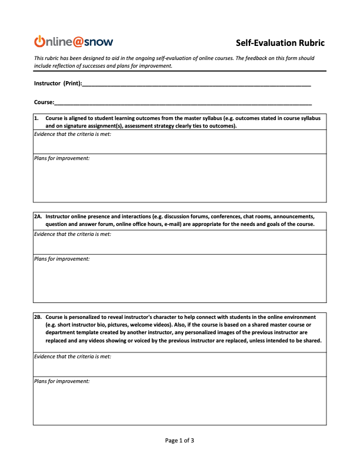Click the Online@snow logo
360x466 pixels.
tap(74, 41)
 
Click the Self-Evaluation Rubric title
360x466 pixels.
tap(280, 42)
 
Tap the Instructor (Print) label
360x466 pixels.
tap(58, 84)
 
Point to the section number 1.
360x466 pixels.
tap(36, 118)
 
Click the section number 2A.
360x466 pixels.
tap(38, 217)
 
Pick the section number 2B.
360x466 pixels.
tap(38, 317)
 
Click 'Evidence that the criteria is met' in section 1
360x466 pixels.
tap(72, 134)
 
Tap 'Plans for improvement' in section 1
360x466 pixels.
tap(62, 159)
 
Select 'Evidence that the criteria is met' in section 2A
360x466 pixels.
tap(72, 234)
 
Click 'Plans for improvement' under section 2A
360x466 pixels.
tap(62, 259)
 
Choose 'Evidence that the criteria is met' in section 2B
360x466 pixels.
tap(72, 357)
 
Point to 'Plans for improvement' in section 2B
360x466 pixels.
tap(62, 381)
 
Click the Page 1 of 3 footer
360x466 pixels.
tap(179, 440)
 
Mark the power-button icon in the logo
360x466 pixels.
tap(40, 41)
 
